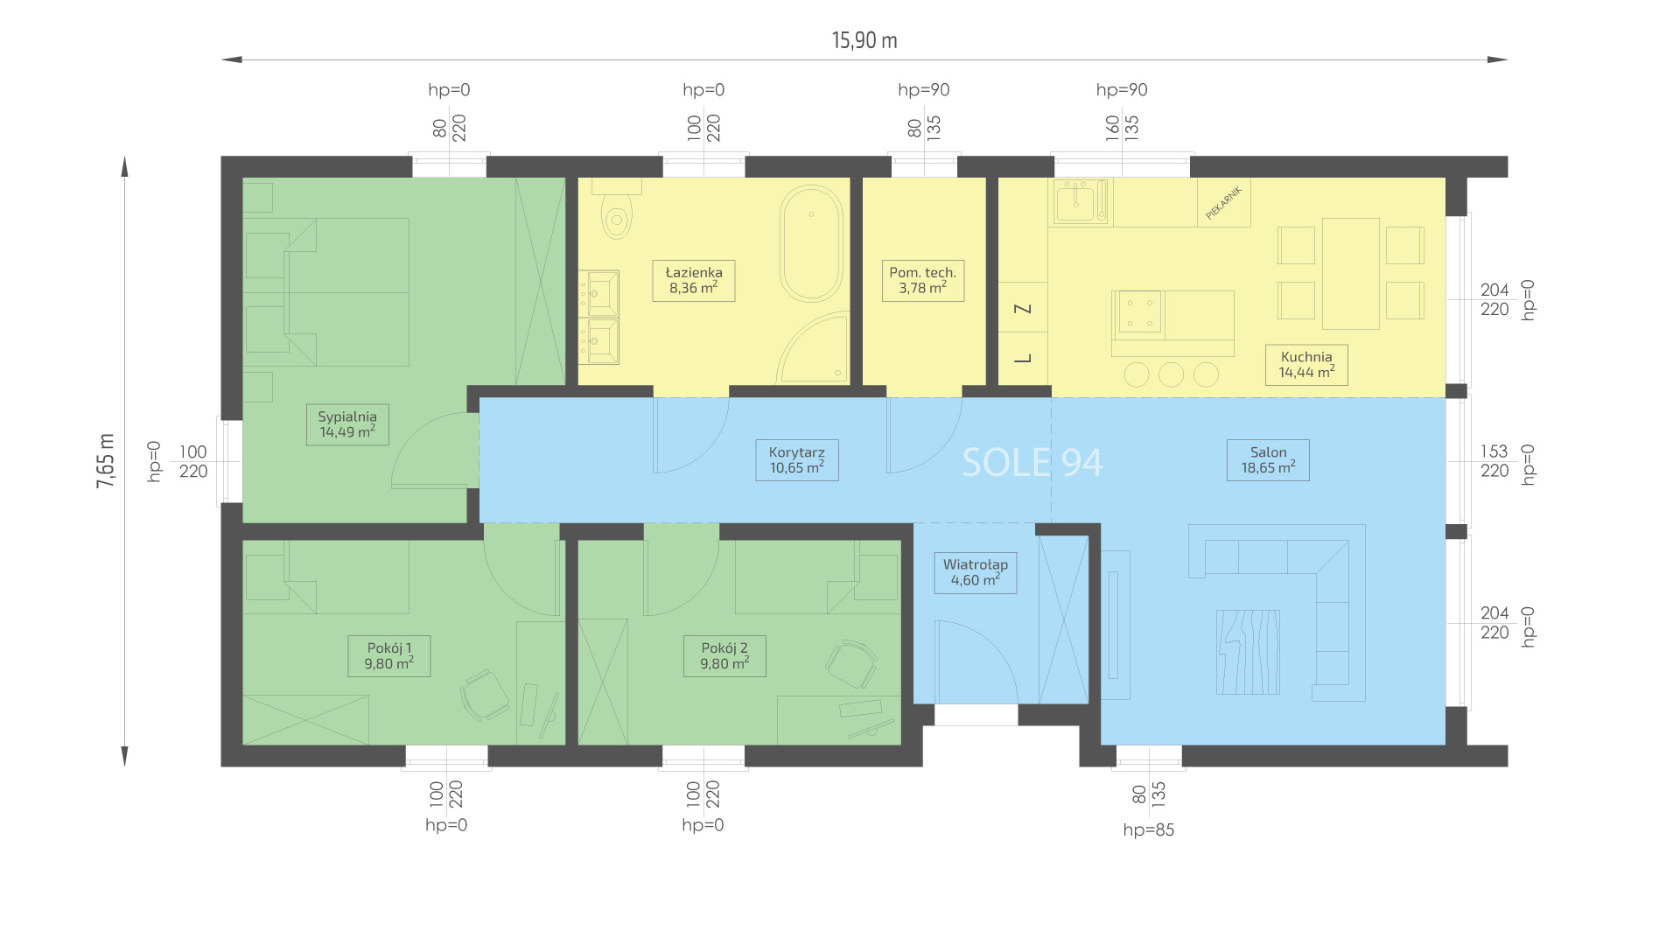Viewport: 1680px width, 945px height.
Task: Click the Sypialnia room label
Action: pyautogui.click(x=347, y=424)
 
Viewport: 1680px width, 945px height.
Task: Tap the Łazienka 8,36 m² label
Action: pyautogui.click(x=694, y=280)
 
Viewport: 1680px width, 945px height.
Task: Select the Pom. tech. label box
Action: pyautogui.click(x=923, y=280)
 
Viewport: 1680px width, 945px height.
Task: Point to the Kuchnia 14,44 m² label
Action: pyautogui.click(x=1306, y=364)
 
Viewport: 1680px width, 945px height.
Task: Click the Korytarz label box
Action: pyautogui.click(x=797, y=460)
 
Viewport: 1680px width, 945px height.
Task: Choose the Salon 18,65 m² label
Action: pyautogui.click(x=1269, y=460)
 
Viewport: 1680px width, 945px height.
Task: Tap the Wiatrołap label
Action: pyautogui.click(x=976, y=572)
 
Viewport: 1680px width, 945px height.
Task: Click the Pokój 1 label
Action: pyautogui.click(x=389, y=656)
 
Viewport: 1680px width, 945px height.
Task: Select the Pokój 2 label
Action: pyautogui.click(x=724, y=656)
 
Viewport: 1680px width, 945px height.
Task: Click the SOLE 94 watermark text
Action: pyautogui.click(x=1032, y=463)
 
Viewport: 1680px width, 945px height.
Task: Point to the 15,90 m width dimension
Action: pyautogui.click(x=864, y=40)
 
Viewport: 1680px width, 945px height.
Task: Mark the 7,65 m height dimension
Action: pyautogui.click(x=106, y=460)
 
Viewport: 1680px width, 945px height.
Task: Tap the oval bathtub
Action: pyautogui.click(x=812, y=244)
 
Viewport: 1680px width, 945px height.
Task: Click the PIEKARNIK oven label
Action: pyautogui.click(x=1223, y=203)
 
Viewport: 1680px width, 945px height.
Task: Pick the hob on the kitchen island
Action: pyautogui.click(x=1139, y=312)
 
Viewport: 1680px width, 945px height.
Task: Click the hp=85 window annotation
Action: pyautogui.click(x=1149, y=830)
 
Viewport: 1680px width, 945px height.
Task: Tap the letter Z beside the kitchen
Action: pyautogui.click(x=1023, y=308)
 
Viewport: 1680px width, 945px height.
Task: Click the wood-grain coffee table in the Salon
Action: pyautogui.click(x=1248, y=653)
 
